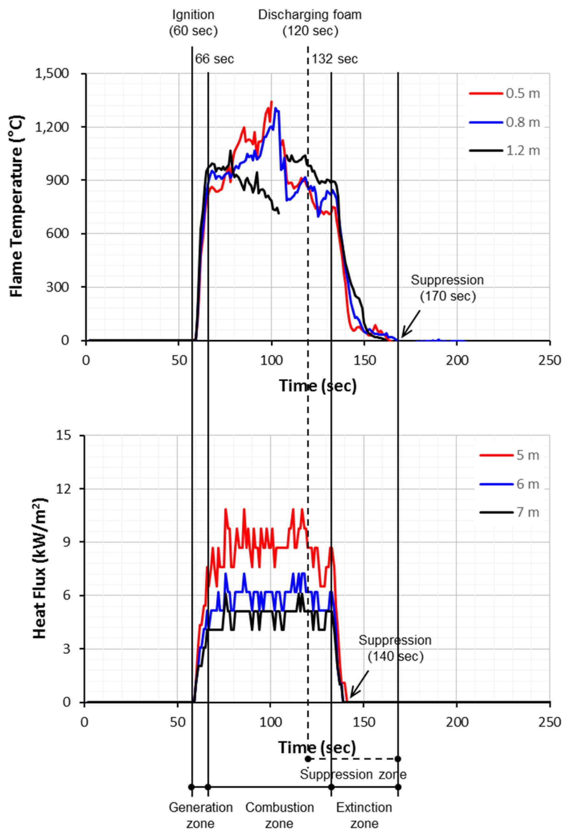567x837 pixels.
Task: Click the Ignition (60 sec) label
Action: click(193, 23)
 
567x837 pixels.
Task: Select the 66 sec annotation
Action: click(214, 59)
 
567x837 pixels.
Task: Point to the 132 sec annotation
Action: click(334, 59)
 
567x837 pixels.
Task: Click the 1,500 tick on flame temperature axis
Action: click(52, 73)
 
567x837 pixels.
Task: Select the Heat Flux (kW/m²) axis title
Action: click(40, 569)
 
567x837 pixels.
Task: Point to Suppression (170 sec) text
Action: click(447, 288)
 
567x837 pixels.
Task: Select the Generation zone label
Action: click(200, 815)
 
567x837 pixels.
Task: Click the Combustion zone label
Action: click(279, 815)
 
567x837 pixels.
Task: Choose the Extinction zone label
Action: click(364, 815)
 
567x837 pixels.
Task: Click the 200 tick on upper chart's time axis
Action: click(457, 360)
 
